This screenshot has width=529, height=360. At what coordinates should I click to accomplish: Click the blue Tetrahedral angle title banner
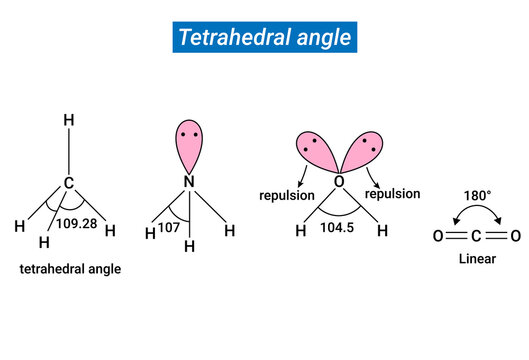264,38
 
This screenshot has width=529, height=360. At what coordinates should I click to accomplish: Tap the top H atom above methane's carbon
69,120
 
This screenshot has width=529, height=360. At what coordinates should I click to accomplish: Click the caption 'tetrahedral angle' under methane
70,269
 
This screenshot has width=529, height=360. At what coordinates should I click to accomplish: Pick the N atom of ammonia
188,181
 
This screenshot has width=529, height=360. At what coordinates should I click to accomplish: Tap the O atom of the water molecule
338,181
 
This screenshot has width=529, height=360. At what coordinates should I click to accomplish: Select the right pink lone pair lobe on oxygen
361,153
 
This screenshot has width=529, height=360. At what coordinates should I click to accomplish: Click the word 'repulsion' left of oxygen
287,195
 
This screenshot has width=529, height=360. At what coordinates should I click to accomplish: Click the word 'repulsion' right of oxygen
392,194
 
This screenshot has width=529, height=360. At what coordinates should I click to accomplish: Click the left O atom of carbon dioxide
438,236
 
